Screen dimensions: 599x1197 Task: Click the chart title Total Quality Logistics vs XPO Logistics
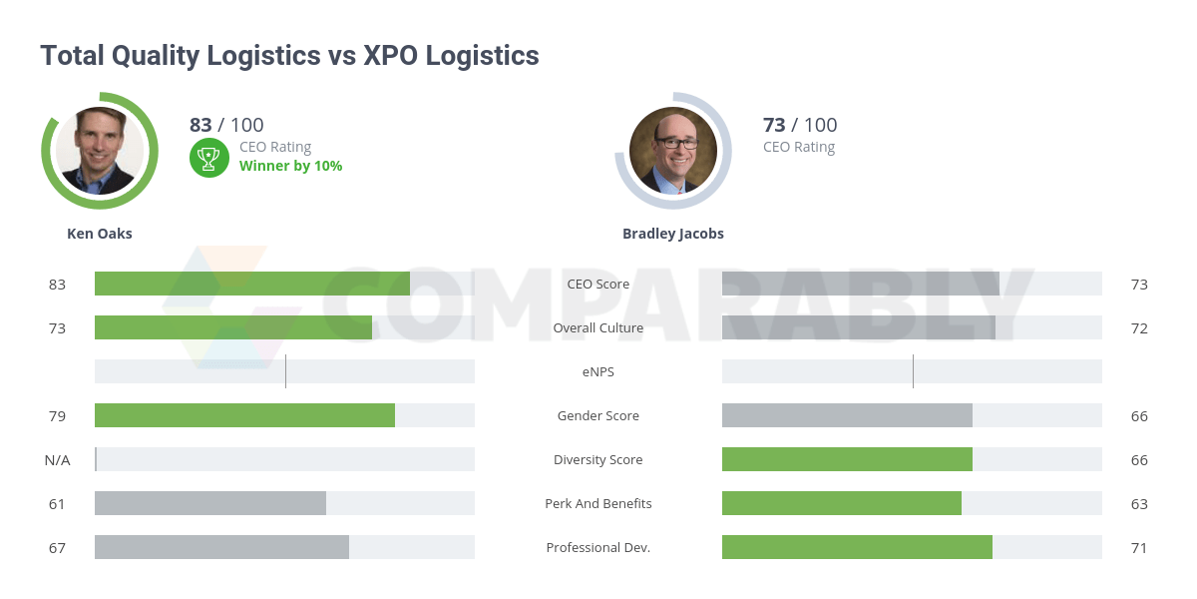(x=289, y=56)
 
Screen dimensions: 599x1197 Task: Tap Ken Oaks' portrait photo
(x=100, y=151)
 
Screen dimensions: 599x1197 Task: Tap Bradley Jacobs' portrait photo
(x=673, y=151)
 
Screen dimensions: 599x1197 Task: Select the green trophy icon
(x=208, y=157)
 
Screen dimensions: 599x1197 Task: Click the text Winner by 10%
(x=290, y=166)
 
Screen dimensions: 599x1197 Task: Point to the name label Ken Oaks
(x=100, y=234)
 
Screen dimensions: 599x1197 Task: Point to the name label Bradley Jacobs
(x=673, y=234)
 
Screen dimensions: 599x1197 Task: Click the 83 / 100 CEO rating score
(x=226, y=125)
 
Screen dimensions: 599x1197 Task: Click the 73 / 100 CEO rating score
(x=800, y=125)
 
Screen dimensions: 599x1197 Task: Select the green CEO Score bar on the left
(x=252, y=284)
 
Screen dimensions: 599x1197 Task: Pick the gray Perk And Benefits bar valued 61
(x=210, y=503)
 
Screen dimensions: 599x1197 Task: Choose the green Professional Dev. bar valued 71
(x=857, y=547)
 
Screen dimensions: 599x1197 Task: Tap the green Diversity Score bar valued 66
(x=847, y=459)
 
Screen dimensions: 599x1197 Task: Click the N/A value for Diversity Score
(x=57, y=460)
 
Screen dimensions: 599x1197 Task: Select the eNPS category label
(x=598, y=372)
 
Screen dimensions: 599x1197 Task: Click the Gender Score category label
(x=598, y=416)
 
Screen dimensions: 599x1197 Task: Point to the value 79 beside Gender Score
(x=57, y=416)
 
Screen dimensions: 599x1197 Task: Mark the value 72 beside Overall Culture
(x=1139, y=328)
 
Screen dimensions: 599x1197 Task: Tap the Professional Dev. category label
(x=598, y=548)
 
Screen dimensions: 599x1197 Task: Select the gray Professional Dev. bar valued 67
(x=221, y=547)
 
